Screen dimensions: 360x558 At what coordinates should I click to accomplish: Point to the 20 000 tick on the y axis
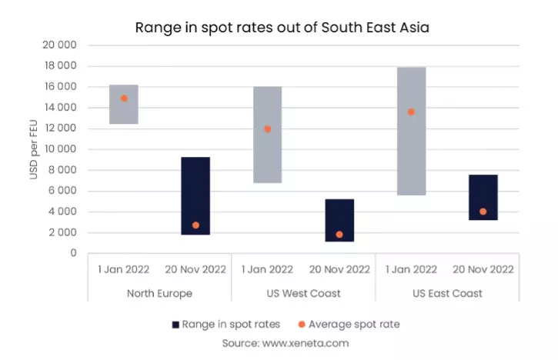[60, 45]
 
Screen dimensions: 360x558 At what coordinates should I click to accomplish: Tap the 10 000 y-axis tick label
[60, 149]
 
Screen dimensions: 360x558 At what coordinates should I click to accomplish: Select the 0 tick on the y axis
[72, 253]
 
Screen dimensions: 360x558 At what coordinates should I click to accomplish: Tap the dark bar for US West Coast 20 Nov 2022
[339, 220]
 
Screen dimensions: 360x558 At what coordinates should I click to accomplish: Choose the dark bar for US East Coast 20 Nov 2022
[483, 198]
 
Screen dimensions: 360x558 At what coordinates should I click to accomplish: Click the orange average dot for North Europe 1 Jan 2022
[124, 98]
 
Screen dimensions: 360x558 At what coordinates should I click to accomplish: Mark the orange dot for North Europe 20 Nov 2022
[195, 225]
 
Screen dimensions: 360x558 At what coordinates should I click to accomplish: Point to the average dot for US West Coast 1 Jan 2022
[267, 129]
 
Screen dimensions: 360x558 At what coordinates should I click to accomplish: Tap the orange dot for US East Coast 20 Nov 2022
[483, 212]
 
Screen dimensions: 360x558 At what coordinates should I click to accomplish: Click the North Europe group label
[159, 293]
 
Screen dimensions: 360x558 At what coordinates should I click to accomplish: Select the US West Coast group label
[303, 293]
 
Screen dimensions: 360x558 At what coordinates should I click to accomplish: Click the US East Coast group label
[447, 293]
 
